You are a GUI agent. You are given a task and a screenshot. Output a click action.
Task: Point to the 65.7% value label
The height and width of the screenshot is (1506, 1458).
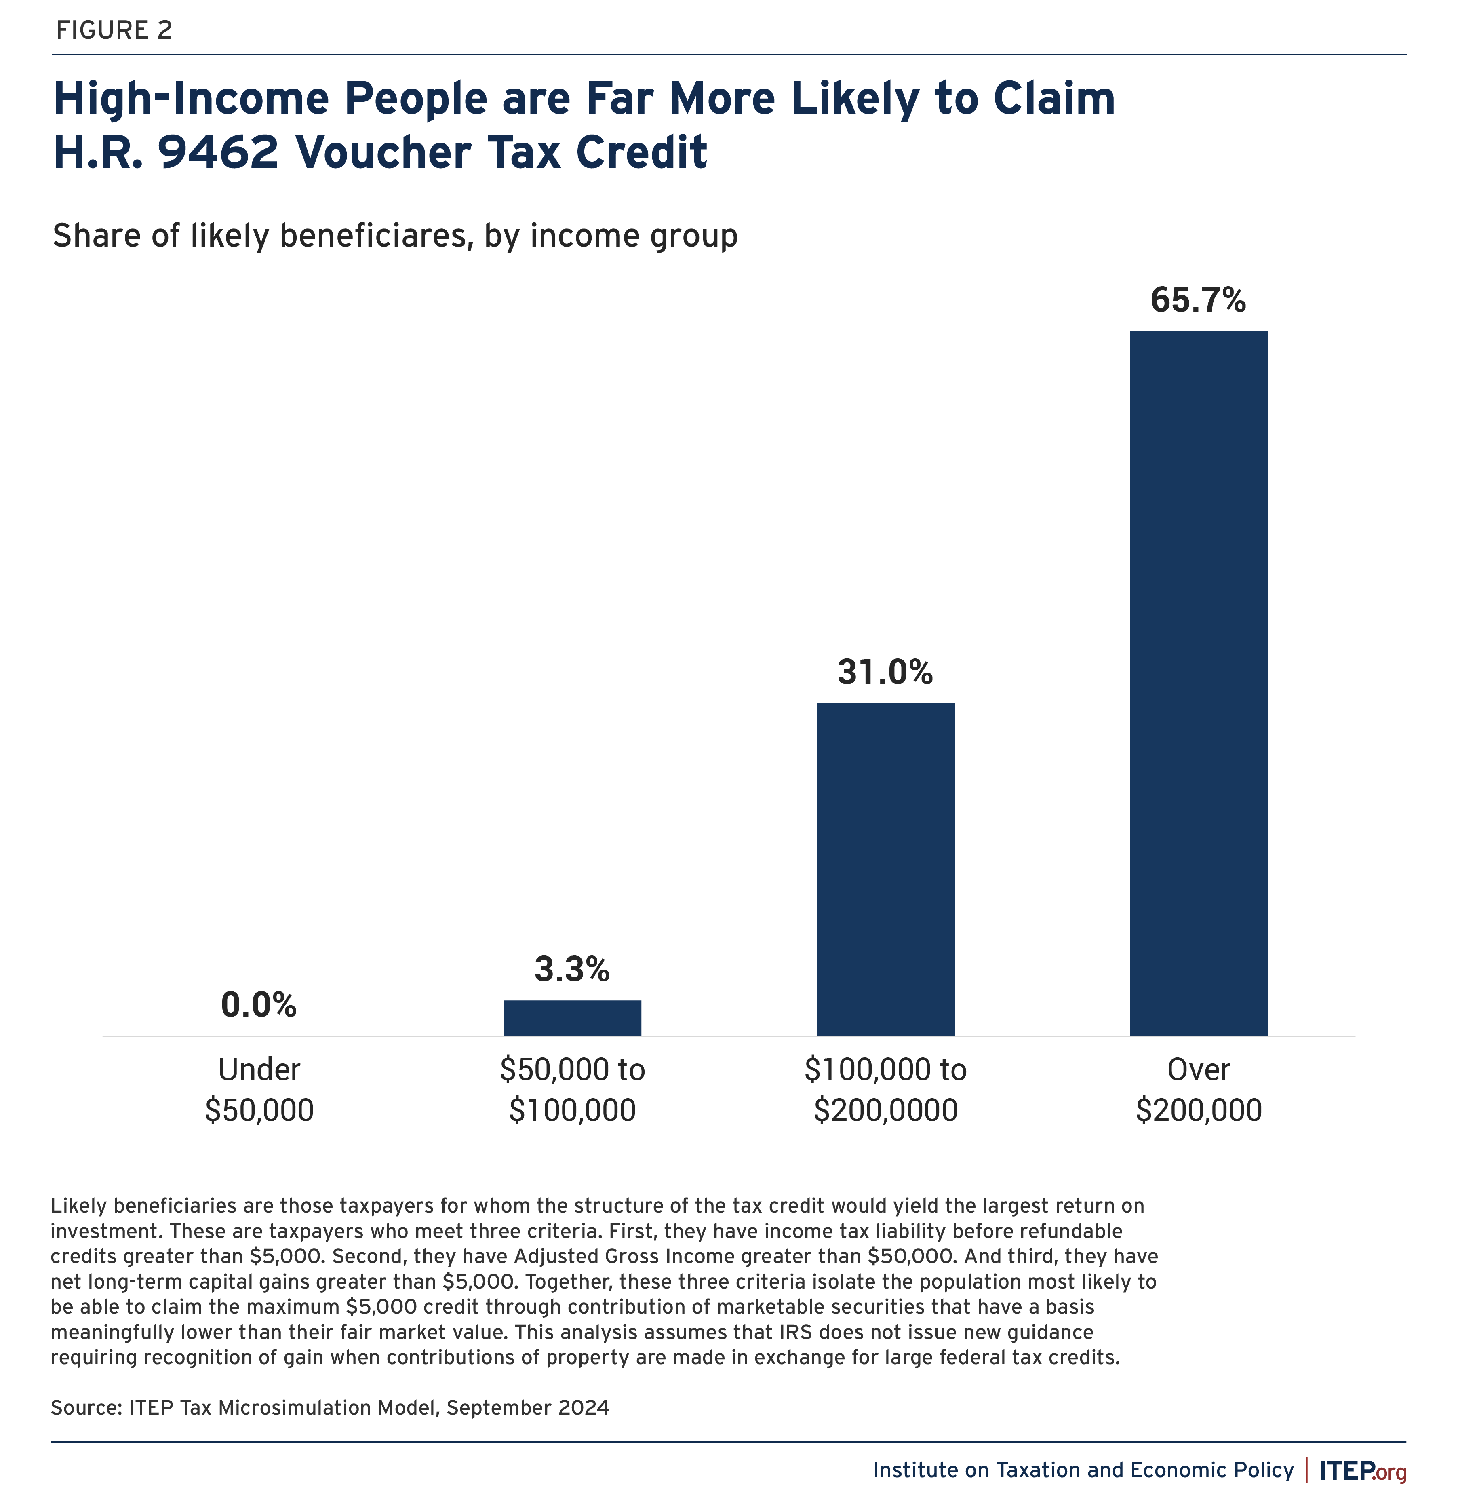(1198, 300)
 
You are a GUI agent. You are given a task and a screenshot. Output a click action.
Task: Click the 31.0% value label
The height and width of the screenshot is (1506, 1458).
(885, 672)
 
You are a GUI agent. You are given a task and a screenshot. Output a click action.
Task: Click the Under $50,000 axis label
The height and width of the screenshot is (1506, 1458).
(259, 1090)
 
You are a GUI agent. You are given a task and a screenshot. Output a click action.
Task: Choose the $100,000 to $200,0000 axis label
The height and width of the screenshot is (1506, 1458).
(885, 1090)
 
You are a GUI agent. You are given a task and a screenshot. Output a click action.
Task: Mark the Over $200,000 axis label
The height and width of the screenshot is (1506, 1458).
(1198, 1090)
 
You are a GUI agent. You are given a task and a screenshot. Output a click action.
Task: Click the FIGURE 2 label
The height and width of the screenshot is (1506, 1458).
(114, 31)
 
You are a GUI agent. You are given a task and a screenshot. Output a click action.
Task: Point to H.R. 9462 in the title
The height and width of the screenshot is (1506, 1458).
(165, 152)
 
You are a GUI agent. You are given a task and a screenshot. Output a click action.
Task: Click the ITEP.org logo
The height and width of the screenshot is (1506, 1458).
(1362, 1471)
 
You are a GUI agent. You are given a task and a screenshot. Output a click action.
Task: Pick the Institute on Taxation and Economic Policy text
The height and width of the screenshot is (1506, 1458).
(1083, 1470)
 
